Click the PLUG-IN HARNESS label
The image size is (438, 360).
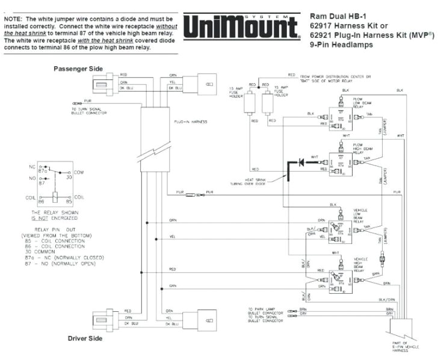point(191,122)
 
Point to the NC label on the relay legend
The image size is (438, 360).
point(31,166)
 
